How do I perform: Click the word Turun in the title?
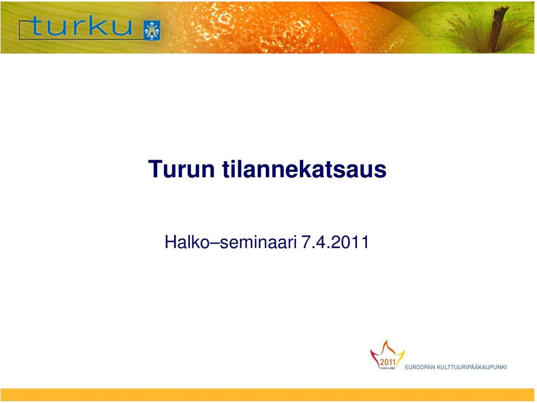point(181,168)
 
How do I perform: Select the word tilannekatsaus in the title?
point(304,168)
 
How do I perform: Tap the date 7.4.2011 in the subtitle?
point(335,242)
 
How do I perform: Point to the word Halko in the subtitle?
point(187,242)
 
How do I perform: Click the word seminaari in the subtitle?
point(258,242)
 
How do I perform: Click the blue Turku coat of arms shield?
point(152,30)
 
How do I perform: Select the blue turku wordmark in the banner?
point(81,26)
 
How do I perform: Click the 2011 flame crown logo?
point(387,355)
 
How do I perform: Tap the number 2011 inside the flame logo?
point(388,362)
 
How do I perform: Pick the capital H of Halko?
point(170,242)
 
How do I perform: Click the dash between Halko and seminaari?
point(214,243)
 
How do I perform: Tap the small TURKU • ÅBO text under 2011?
point(387,368)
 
